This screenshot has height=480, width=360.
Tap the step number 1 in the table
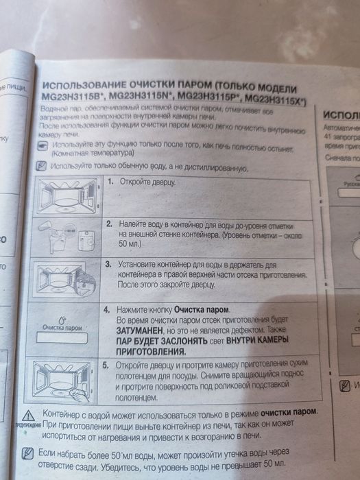click(110, 182)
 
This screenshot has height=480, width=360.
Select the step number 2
click(109, 224)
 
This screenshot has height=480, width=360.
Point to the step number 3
click(108, 263)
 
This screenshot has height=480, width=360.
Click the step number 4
click(108, 309)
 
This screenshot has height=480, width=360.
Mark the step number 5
click(107, 365)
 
